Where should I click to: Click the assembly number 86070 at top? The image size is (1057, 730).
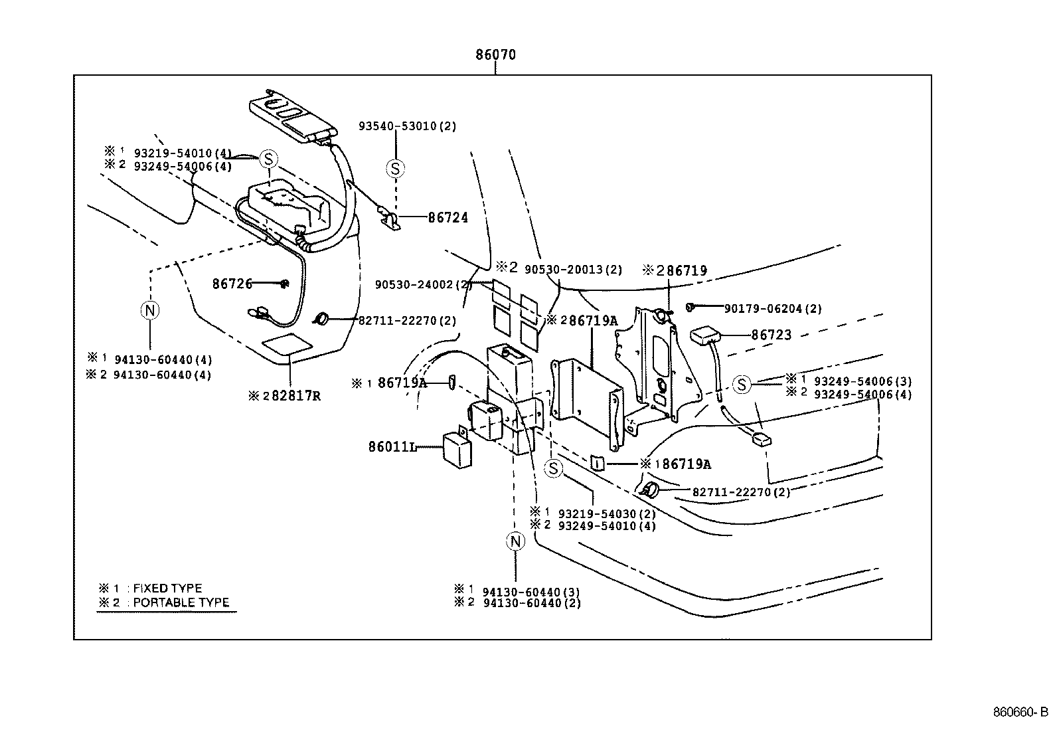(495, 55)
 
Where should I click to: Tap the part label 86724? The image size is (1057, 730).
(447, 217)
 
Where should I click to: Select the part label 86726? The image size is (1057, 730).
(232, 284)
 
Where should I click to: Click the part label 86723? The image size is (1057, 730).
(772, 335)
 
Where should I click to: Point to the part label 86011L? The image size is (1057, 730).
(392, 447)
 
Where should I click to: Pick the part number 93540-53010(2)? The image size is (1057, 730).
(407, 126)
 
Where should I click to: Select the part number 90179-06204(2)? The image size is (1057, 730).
(773, 309)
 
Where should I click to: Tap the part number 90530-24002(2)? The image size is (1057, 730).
(423, 284)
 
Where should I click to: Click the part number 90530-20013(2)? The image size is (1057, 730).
(573, 269)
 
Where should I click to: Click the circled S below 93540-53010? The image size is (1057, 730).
(395, 169)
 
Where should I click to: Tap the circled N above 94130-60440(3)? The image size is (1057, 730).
(515, 541)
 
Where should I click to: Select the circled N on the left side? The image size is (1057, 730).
(151, 310)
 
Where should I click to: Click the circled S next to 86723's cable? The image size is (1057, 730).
(742, 384)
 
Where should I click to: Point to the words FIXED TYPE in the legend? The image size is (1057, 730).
(167, 589)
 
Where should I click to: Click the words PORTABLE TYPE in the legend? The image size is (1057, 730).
(181, 603)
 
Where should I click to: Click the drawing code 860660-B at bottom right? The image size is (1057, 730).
(1020, 713)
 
